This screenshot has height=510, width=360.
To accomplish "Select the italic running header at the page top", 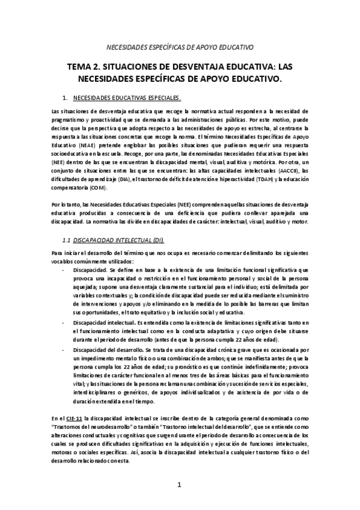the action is coord(180,46).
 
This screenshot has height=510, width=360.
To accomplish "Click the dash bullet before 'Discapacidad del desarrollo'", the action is coord(64,349).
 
